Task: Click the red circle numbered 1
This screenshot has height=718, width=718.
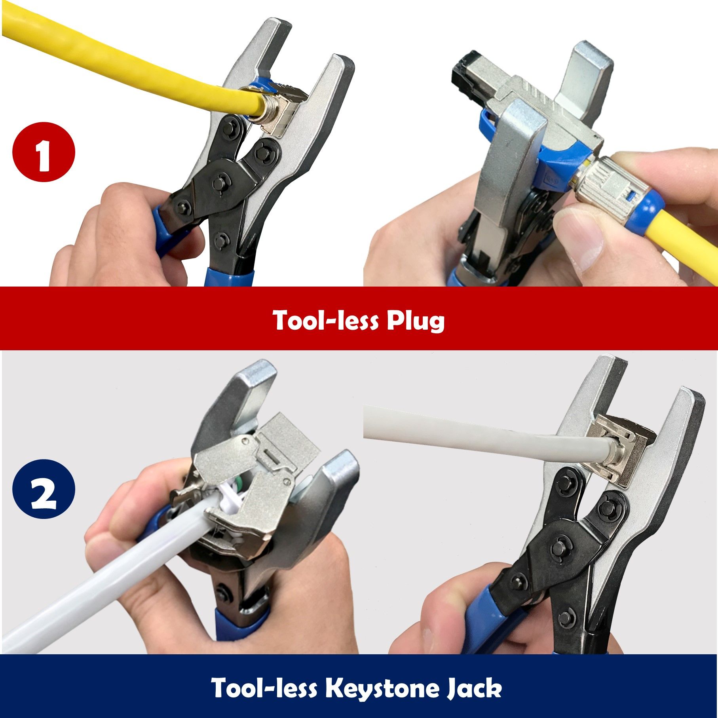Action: pyautogui.click(x=44, y=152)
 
